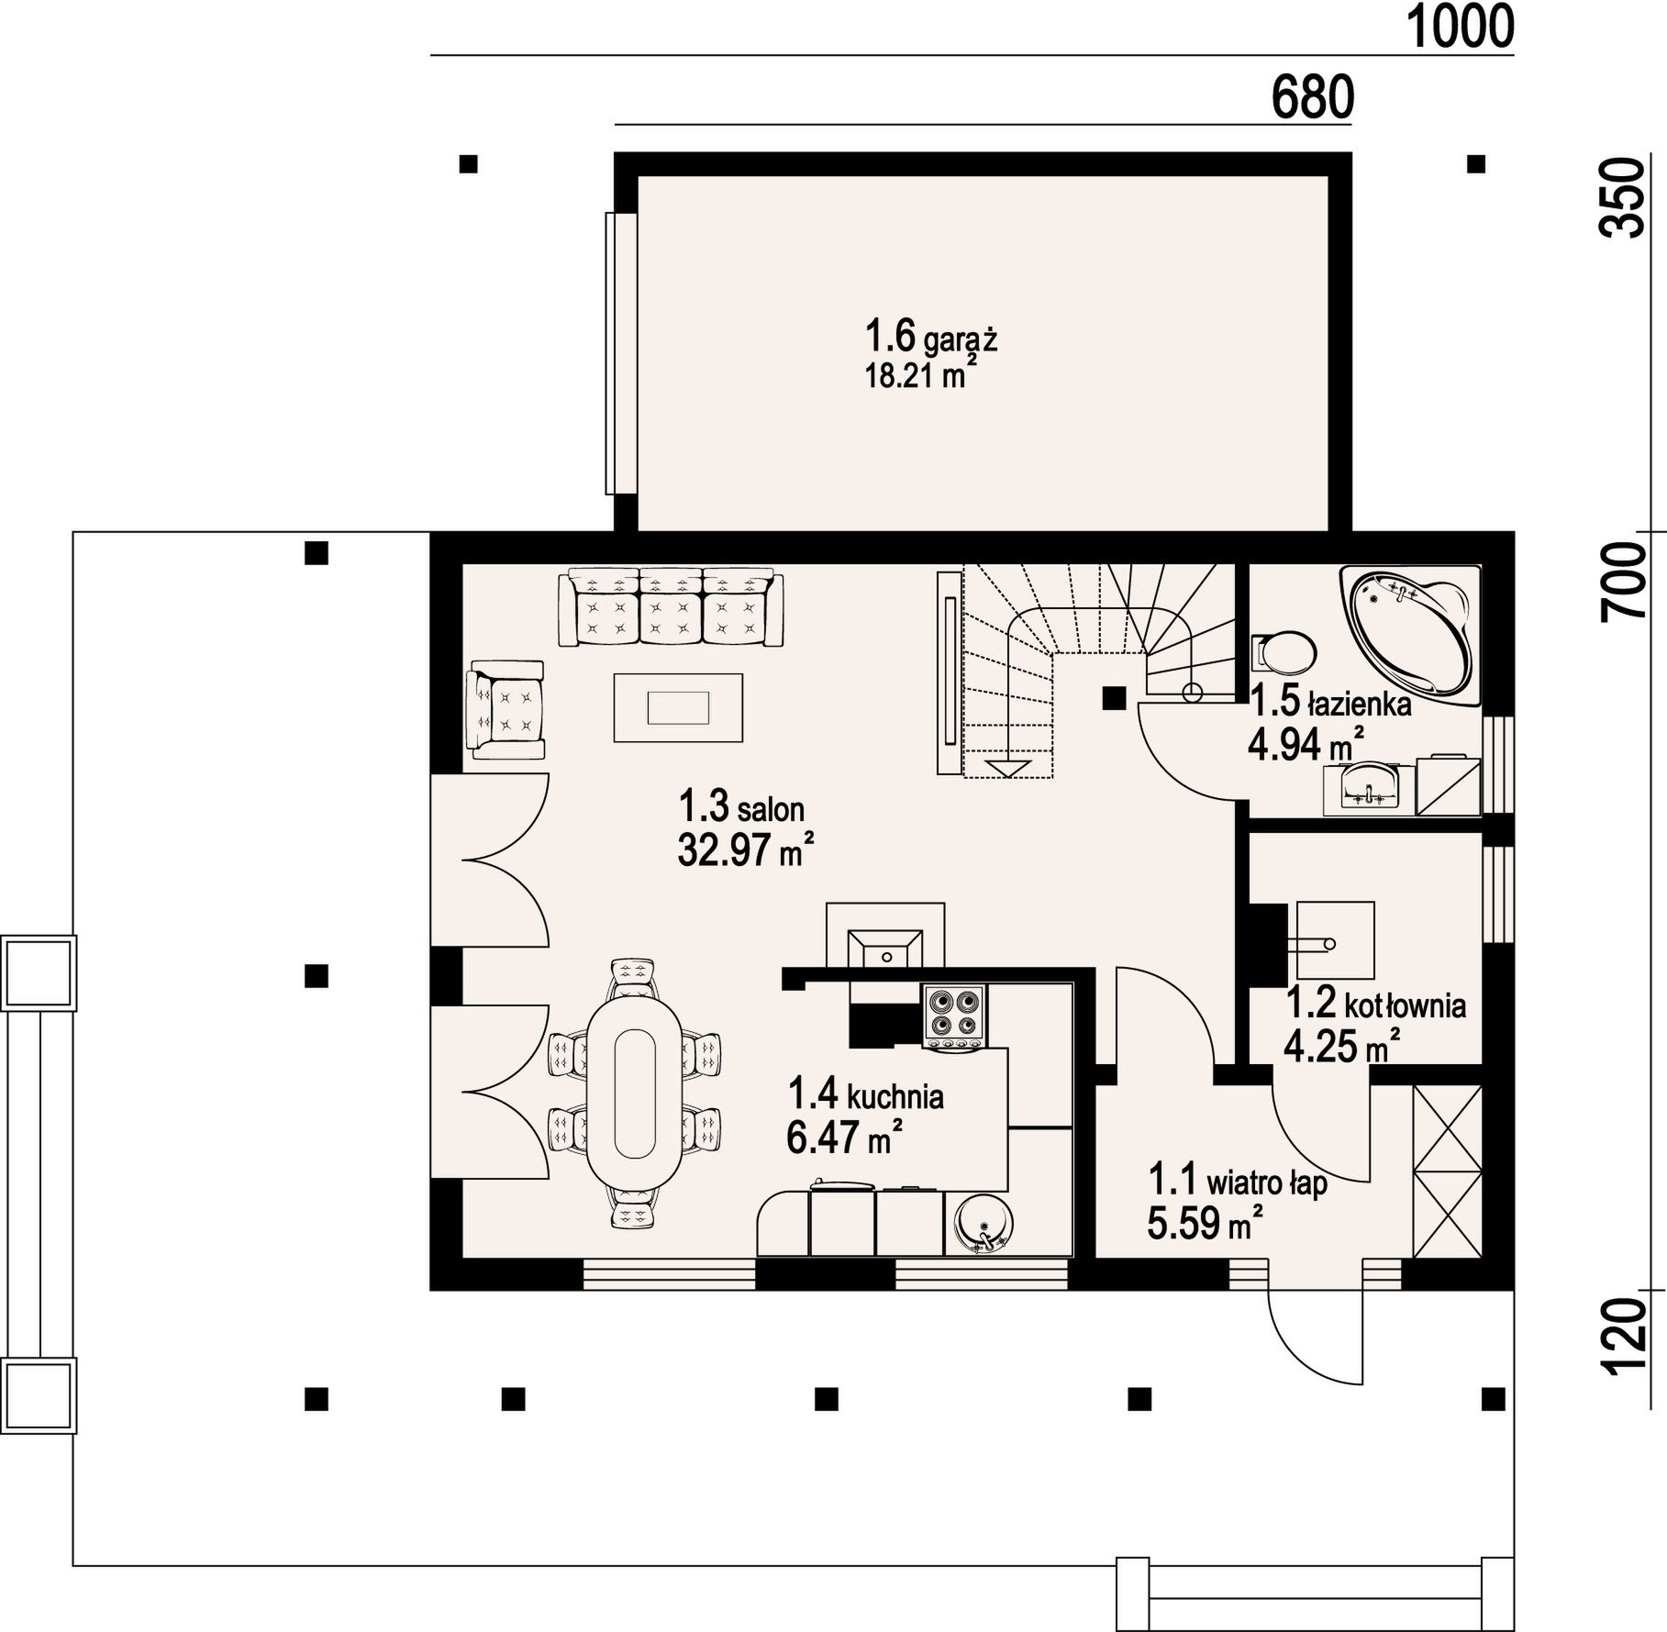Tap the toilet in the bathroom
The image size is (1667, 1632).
coord(1284,652)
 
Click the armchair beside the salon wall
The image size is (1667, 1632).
coord(506,709)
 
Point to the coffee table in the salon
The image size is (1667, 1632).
coord(678,707)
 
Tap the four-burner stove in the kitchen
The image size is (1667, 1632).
coord(954,1016)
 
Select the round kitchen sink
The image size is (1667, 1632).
coord(983,1224)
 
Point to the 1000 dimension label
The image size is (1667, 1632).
coord(1460,27)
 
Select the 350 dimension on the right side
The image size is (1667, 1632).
coord(1622,198)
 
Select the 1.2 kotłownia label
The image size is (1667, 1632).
coord(1376,1005)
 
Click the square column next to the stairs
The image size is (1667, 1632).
coord(1114,698)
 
